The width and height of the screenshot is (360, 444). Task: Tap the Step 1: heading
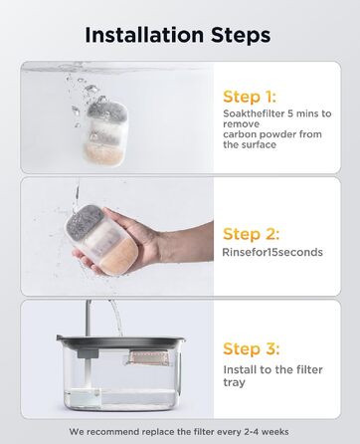tap(250, 97)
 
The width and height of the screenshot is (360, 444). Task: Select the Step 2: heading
tap(251, 234)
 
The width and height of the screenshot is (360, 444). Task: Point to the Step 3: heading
tap(252, 348)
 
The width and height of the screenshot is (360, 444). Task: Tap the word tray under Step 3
tap(234, 382)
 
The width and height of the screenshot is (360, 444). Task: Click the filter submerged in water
tap(106, 131)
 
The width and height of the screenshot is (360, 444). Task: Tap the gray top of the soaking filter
tap(107, 111)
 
